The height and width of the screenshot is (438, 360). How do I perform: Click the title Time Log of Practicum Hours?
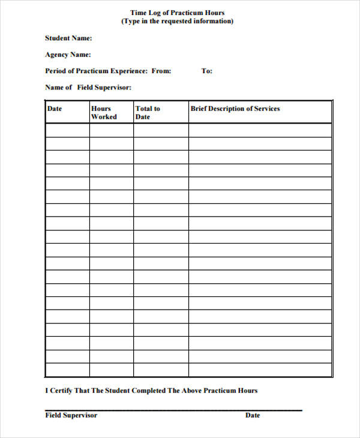tap(178, 13)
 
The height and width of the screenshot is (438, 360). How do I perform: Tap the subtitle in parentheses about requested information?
tap(178, 21)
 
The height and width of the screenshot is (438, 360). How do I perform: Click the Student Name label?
tap(68, 38)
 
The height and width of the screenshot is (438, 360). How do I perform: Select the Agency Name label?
tap(68, 55)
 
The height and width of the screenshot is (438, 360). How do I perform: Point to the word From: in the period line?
tap(161, 71)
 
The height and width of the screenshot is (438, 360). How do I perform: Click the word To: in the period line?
tap(207, 71)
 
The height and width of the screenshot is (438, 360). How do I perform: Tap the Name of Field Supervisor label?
tap(88, 88)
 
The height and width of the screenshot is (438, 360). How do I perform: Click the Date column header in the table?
tap(55, 109)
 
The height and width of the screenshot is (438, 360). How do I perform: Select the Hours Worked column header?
tap(103, 113)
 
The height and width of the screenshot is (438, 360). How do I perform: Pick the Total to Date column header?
tap(148, 113)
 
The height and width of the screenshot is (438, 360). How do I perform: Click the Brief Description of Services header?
tap(235, 109)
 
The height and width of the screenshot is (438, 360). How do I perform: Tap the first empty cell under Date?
tap(67, 130)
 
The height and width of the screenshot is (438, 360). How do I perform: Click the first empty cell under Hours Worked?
tap(111, 130)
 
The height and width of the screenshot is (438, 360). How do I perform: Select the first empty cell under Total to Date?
tap(161, 130)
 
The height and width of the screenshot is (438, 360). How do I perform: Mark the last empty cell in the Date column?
tap(67, 370)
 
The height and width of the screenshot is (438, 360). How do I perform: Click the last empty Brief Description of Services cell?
tap(260, 370)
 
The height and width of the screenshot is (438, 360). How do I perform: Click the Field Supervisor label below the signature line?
tap(71, 415)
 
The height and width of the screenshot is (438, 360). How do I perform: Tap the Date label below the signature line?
tap(253, 415)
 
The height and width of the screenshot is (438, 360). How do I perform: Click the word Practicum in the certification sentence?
tap(221, 391)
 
